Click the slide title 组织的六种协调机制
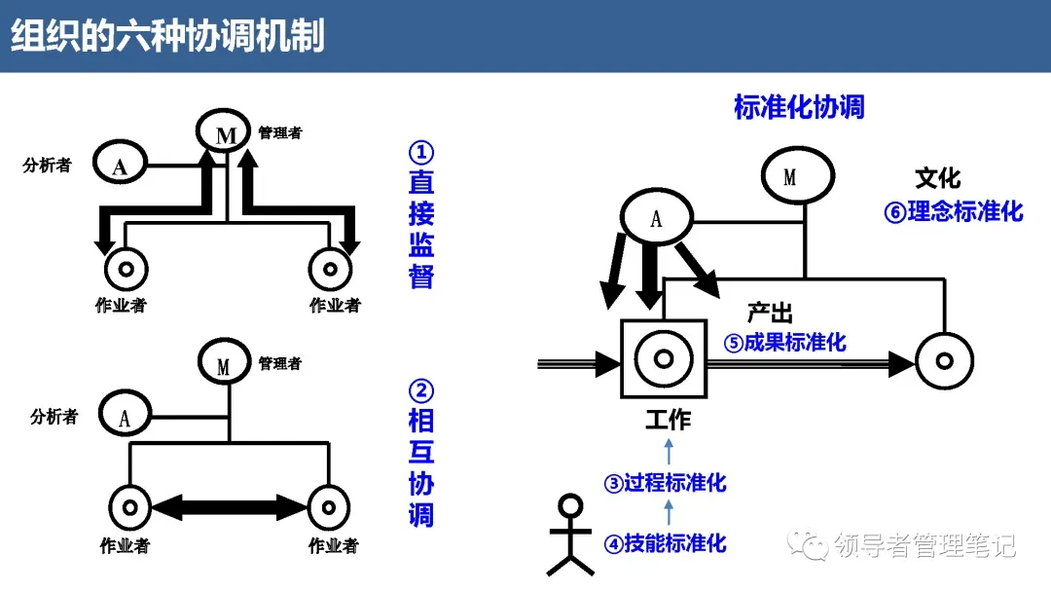click(167, 36)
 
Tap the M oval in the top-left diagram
click(226, 132)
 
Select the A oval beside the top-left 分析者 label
click(121, 164)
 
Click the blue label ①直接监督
click(421, 215)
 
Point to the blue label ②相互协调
click(421, 453)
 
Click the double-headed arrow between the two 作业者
click(230, 506)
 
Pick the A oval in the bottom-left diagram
click(126, 417)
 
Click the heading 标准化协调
click(799, 107)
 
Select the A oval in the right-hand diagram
click(656, 216)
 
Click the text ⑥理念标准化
click(954, 211)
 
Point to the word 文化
click(937, 178)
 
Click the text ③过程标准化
click(666, 483)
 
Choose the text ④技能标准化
click(666, 543)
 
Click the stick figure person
click(569, 536)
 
